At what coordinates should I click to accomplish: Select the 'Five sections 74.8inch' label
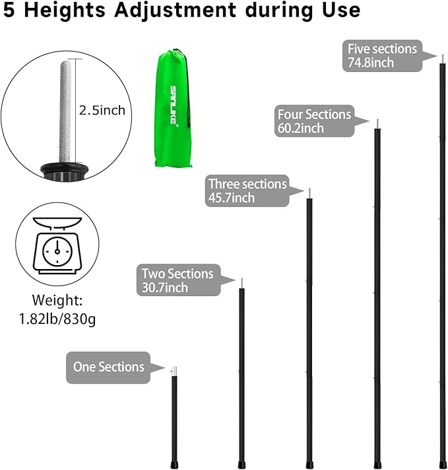[382, 56]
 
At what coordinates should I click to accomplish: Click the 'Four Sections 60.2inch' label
[314, 121]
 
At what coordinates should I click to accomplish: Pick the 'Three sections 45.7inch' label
[247, 190]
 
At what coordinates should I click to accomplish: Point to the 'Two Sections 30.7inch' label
[177, 280]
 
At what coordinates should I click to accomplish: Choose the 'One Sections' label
[108, 367]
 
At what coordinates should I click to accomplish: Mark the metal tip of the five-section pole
[442, 59]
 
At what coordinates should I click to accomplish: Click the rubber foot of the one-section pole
[174, 464]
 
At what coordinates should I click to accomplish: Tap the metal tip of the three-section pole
[309, 193]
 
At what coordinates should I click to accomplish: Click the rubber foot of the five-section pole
[442, 464]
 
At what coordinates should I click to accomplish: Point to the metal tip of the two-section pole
[241, 283]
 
